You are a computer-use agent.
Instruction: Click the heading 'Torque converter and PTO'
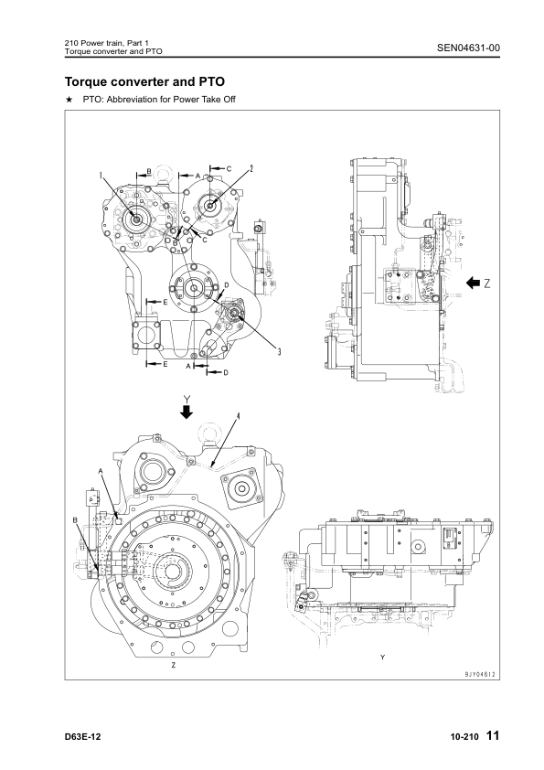[144, 81]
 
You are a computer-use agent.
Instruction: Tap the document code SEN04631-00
[468, 48]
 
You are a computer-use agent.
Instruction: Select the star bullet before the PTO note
[69, 100]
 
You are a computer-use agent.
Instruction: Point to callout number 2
[251, 169]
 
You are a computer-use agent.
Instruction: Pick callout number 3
[279, 351]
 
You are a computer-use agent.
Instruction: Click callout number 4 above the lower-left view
[238, 416]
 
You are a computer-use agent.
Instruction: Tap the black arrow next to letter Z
[473, 283]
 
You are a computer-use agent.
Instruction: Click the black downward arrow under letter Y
[187, 412]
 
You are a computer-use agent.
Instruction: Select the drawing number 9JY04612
[482, 675]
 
